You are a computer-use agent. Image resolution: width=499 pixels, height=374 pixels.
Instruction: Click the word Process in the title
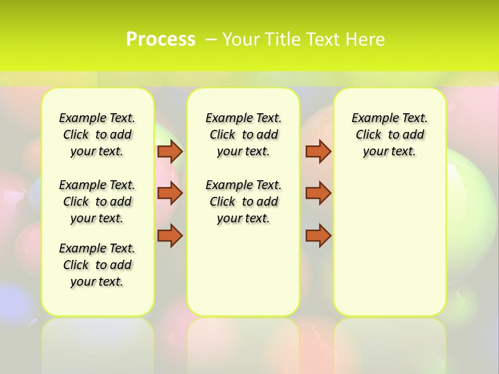point(161,39)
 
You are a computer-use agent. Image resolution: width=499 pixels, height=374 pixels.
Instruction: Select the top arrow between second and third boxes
point(318,151)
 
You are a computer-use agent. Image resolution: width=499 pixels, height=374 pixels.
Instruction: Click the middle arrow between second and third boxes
point(318,193)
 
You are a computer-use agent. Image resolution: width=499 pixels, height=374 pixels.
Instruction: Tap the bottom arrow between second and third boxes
point(318,235)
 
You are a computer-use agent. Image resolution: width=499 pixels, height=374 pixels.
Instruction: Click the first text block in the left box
point(97,135)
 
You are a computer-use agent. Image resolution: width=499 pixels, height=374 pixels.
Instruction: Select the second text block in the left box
point(97,202)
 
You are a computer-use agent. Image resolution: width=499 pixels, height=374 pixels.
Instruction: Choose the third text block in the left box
point(97,265)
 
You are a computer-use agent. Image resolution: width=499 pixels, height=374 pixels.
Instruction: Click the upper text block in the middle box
point(243,135)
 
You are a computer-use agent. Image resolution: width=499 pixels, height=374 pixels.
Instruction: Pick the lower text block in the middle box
point(243,202)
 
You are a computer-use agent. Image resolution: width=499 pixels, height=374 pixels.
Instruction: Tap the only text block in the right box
point(389,135)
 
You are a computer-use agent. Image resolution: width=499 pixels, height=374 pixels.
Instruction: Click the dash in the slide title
point(211,39)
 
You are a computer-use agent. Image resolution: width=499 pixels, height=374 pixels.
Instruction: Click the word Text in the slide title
point(324,39)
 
